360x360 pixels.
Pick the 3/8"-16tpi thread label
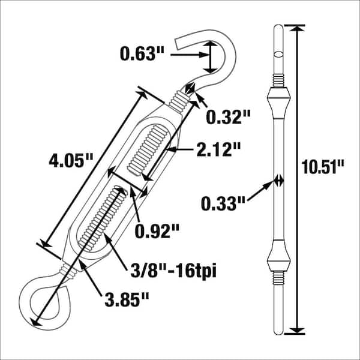click(x=172, y=272)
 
